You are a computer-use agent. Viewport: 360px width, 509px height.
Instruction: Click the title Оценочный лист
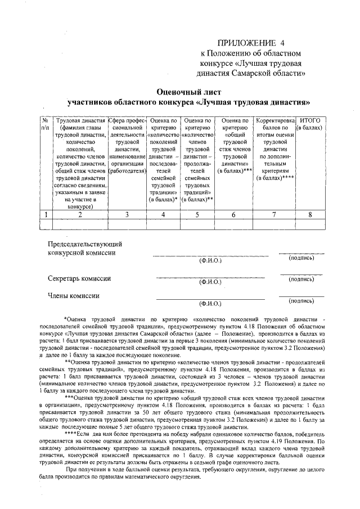(189, 91)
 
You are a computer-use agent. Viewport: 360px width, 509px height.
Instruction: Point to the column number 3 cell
(127, 214)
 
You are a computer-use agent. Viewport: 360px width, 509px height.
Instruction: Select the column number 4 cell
(163, 214)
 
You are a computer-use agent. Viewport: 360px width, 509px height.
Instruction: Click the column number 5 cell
(197, 214)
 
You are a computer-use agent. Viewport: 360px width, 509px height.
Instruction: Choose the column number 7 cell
(274, 214)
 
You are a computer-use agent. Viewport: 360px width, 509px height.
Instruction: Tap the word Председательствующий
(85, 244)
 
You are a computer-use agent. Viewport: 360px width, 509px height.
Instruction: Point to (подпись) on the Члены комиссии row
(301, 300)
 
